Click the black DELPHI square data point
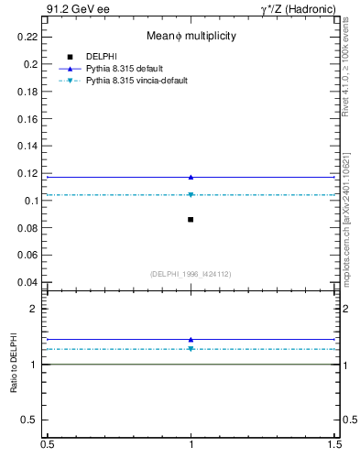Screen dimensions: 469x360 (x=191, y=219)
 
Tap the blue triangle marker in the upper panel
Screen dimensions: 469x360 (x=191, y=177)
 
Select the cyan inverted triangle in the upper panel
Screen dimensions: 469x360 (x=191, y=194)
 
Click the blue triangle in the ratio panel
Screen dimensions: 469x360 (x=191, y=339)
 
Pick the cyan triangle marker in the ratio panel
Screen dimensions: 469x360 (x=191, y=349)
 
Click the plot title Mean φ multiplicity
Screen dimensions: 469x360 (x=191, y=36)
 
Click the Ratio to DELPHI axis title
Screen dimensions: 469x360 (x=14, y=365)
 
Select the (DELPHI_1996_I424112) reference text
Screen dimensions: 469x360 (x=191, y=274)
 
